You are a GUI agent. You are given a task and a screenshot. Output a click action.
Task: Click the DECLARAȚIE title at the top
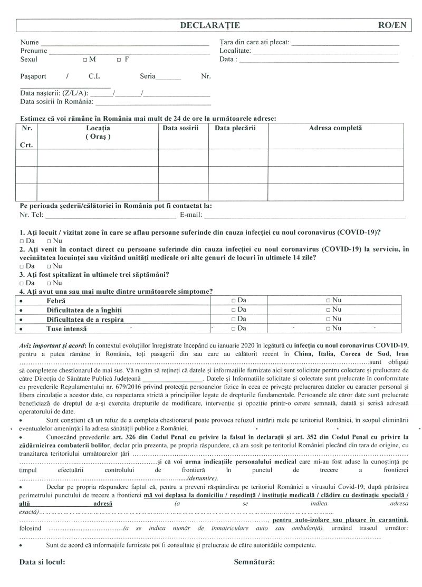(x=210, y=25)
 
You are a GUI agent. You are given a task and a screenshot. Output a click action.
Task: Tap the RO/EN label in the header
(x=392, y=25)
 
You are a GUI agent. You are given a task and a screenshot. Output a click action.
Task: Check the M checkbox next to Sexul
(x=85, y=60)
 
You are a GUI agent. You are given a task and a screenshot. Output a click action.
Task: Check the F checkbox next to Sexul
(x=119, y=60)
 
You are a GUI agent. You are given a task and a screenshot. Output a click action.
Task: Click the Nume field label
(x=30, y=42)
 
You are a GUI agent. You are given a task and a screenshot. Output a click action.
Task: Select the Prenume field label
(x=34, y=51)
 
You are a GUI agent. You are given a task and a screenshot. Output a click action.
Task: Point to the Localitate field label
(x=235, y=51)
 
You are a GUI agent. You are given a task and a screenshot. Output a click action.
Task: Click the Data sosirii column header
(x=180, y=128)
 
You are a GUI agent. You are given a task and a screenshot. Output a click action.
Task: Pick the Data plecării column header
(x=235, y=128)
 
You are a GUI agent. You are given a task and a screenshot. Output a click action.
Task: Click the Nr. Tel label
(x=32, y=215)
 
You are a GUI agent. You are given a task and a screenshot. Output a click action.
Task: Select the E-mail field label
(x=191, y=215)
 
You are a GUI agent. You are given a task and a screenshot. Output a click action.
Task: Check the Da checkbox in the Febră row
(x=233, y=300)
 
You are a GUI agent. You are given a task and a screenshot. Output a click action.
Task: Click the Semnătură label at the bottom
(x=254, y=562)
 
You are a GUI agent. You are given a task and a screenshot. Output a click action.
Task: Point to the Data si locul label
(x=43, y=562)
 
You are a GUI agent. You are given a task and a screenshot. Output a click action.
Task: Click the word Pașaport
(x=33, y=76)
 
